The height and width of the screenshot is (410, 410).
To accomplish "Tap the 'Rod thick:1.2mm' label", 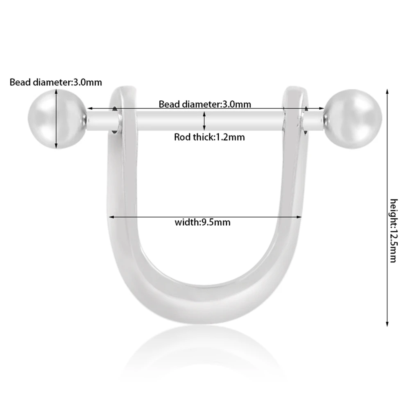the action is point(209,137).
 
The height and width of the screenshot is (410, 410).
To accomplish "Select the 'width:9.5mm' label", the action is point(202,222).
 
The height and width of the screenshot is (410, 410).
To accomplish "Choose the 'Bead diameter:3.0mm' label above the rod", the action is point(205,104).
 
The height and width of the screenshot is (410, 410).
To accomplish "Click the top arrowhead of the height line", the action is point(387,90).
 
